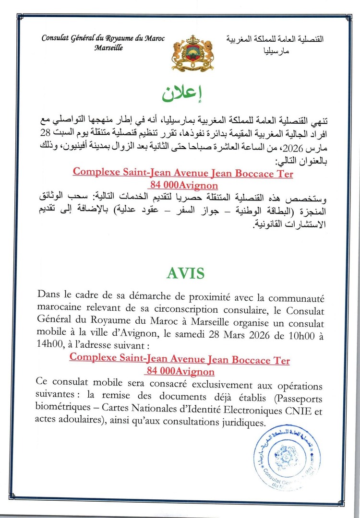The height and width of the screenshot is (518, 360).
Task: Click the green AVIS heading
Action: (186, 273)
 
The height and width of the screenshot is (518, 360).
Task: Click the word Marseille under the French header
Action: (108, 48)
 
